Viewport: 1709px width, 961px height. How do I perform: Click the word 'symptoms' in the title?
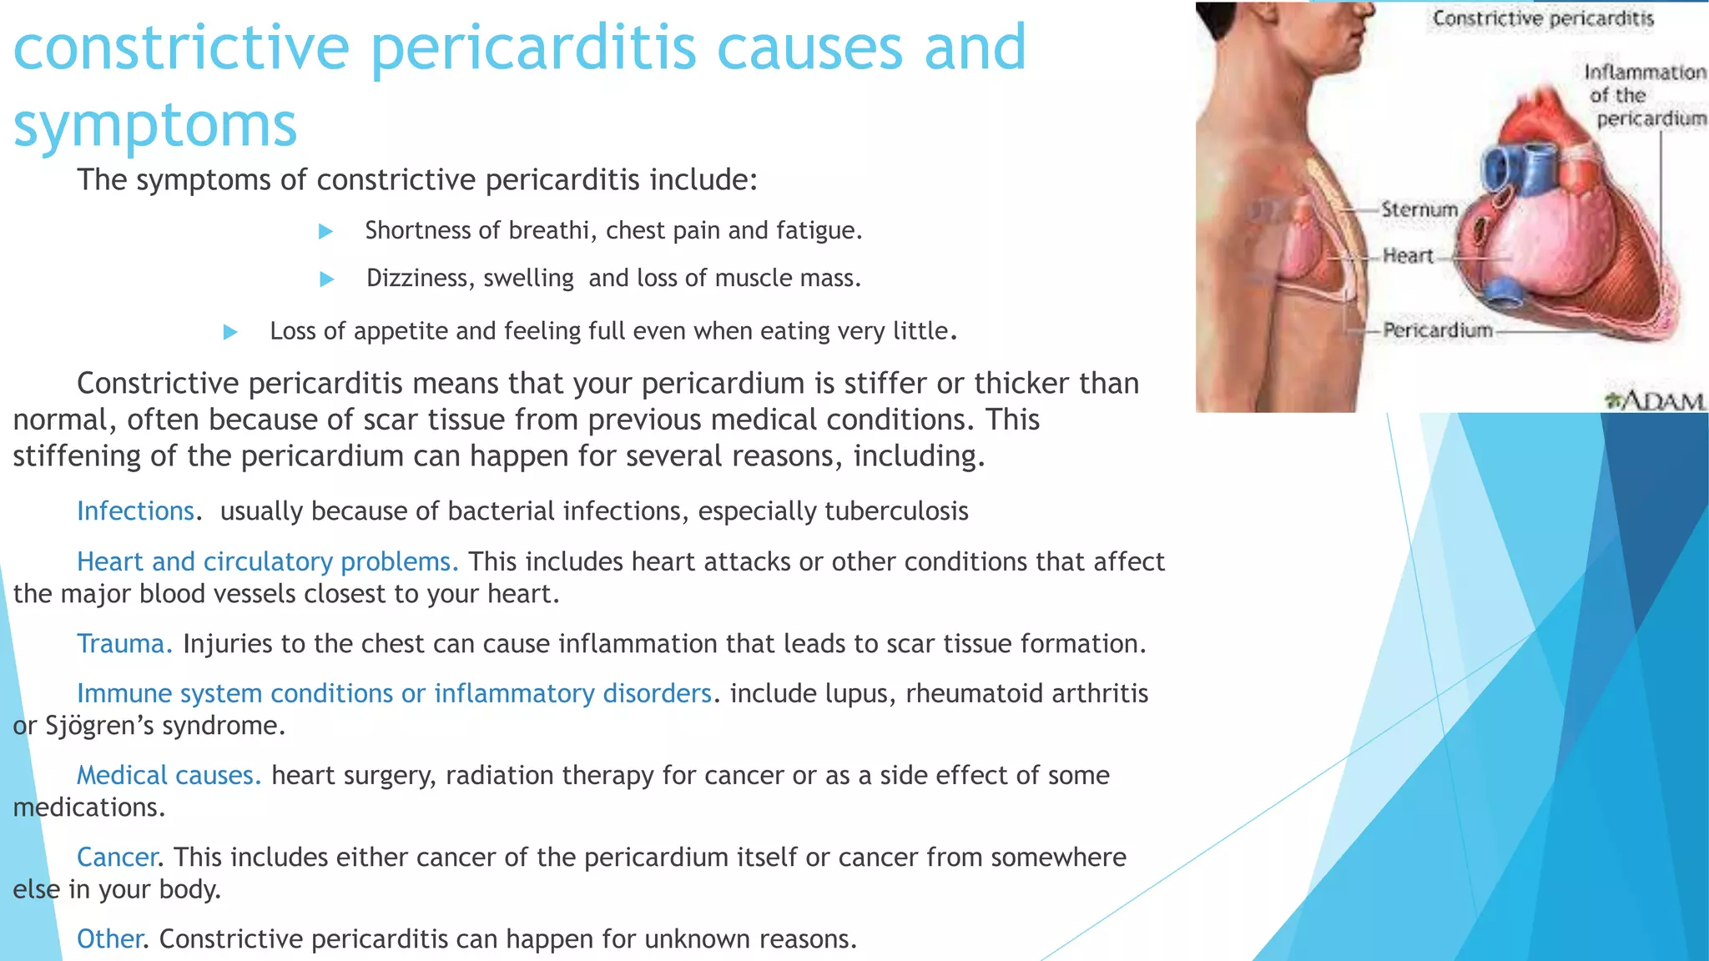[x=155, y=125]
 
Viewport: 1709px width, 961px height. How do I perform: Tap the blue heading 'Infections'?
[x=135, y=511]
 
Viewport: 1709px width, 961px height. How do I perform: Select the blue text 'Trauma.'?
[x=124, y=643]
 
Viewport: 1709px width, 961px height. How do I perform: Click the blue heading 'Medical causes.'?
[x=169, y=775]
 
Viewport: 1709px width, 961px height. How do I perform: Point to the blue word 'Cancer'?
[x=117, y=857]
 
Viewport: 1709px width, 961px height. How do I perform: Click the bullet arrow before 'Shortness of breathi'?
[x=326, y=231]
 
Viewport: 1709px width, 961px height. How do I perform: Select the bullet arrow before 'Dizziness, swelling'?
[x=327, y=279]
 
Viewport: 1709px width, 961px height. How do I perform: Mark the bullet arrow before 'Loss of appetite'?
[x=231, y=332]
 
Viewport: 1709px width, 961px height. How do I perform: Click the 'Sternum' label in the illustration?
[x=1419, y=209]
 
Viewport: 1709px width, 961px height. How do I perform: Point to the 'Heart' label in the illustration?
[x=1408, y=255]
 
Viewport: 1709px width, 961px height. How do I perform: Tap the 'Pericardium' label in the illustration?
[x=1437, y=330]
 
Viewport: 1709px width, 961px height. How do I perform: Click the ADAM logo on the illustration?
[x=1654, y=400]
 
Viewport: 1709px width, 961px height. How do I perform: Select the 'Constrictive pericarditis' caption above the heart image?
[x=1543, y=18]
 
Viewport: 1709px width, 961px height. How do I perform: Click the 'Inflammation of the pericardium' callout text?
[x=1645, y=95]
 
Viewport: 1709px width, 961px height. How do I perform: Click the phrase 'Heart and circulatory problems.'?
[x=267, y=561]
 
